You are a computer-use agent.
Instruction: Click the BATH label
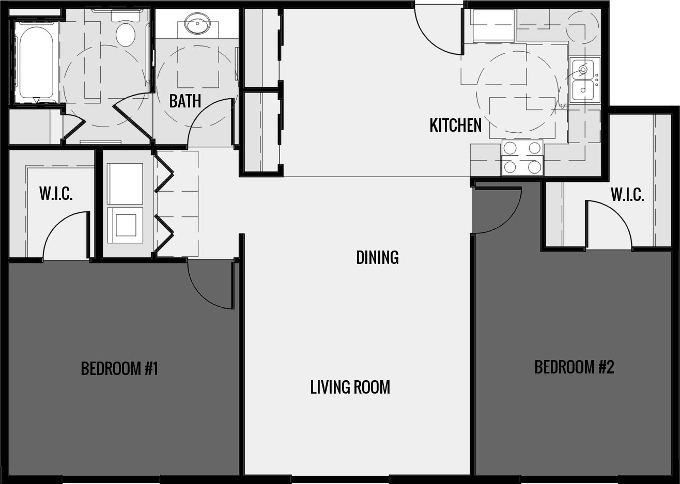point(185,101)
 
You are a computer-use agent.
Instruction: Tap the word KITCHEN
point(455,125)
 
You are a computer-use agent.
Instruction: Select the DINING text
point(377,257)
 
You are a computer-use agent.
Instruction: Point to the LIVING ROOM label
point(350,387)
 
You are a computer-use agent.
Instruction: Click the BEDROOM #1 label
point(119,368)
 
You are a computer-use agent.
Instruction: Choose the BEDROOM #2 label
point(574,367)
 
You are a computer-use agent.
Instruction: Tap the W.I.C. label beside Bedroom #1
point(56,194)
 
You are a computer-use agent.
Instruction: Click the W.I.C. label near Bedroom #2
point(627,195)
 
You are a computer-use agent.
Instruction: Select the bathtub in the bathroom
point(35,60)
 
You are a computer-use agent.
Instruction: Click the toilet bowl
point(126,34)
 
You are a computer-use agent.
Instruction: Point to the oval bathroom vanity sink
point(197,24)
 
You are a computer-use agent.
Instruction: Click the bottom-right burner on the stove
point(534,167)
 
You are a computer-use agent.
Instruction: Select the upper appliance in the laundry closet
point(125,183)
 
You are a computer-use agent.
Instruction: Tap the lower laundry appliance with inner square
point(125,225)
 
